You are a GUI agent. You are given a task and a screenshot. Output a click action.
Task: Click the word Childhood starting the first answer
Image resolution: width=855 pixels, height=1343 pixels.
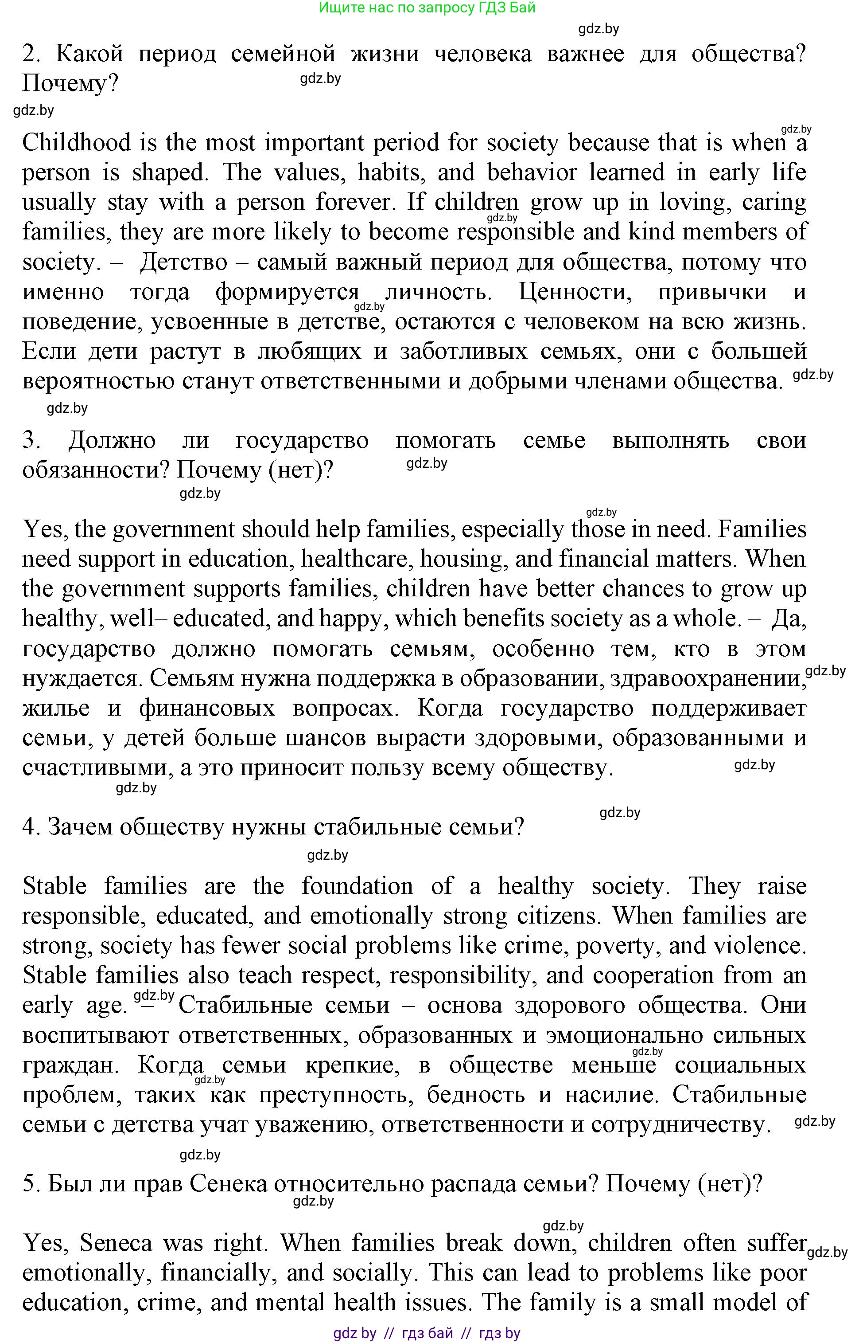75,143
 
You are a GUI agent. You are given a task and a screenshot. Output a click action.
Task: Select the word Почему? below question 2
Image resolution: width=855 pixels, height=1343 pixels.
70,84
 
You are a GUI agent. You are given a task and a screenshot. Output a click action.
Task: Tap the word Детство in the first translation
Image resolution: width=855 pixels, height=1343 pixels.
183,262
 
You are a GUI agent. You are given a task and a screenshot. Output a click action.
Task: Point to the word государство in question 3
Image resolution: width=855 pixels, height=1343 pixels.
302,441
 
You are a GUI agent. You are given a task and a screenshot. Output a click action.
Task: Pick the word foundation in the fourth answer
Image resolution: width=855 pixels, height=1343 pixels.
357,886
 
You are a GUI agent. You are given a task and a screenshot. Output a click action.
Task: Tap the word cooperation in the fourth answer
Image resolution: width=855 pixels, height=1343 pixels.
653,975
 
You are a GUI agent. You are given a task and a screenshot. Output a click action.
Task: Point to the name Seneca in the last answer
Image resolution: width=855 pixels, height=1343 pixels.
115,1243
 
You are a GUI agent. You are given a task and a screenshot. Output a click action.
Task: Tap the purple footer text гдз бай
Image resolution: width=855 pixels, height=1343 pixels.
427,1334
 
